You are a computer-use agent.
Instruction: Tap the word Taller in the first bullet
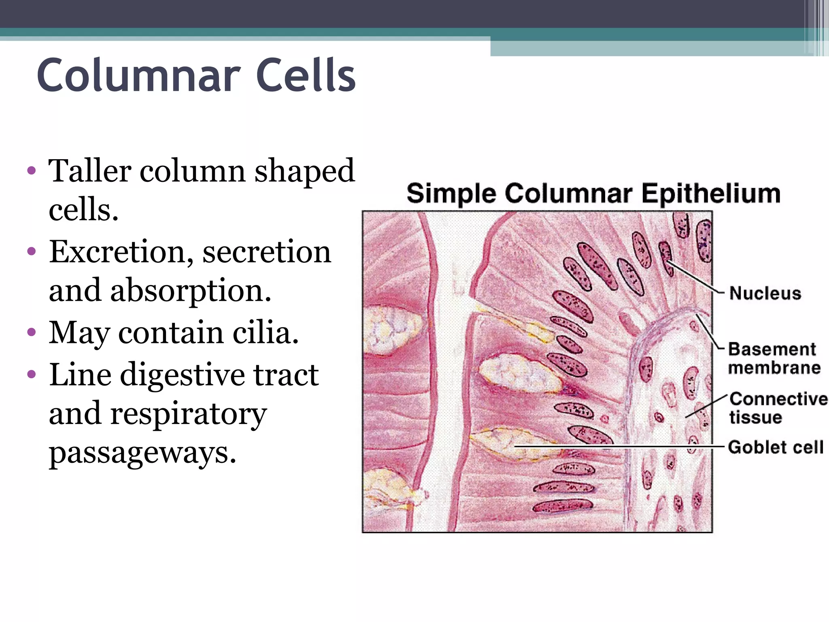click(89, 171)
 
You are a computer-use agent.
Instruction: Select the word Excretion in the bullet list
click(117, 252)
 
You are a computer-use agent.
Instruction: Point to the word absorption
click(191, 291)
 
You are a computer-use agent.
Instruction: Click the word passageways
click(142, 452)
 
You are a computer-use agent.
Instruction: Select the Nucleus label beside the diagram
click(765, 293)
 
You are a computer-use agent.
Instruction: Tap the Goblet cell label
click(776, 447)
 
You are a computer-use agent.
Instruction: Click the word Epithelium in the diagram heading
click(711, 194)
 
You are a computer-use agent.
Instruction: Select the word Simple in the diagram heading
click(451, 194)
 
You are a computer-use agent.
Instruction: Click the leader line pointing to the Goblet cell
click(619, 447)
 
